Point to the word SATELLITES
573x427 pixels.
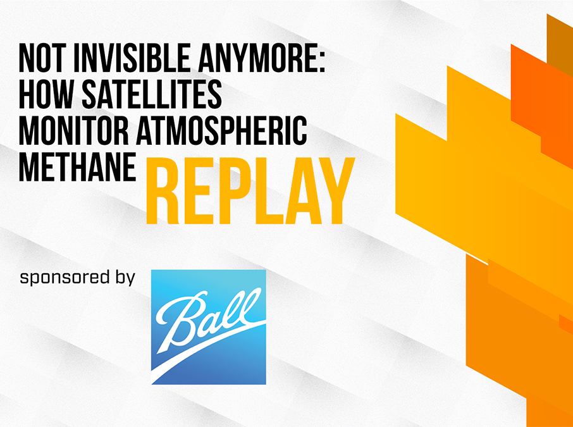click(152, 95)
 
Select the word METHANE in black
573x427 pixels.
click(77, 167)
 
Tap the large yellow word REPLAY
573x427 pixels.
click(250, 190)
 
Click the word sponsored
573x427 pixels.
click(65, 278)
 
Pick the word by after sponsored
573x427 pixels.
click(124, 278)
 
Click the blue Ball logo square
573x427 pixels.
click(209, 327)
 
